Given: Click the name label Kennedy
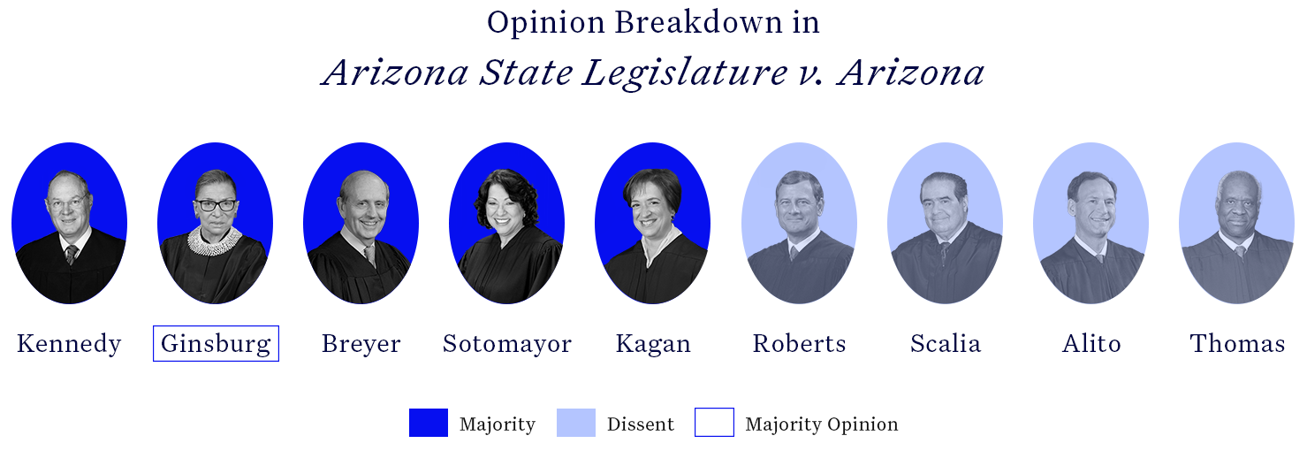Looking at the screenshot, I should tap(69, 343).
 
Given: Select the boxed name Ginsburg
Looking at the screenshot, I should tap(216, 343).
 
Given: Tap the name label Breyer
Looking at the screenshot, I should tap(361, 343).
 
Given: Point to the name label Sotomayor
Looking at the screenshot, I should tap(506, 343).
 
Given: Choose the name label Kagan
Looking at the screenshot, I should tap(653, 343).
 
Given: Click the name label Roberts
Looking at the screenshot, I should tap(799, 343).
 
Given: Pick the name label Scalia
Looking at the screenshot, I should tap(945, 343).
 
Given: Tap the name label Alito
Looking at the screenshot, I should tap(1091, 343).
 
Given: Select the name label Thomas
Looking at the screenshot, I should tap(1237, 343).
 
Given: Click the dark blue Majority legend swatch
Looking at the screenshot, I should tap(429, 423).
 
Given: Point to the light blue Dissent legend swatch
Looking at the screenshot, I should tap(575, 423).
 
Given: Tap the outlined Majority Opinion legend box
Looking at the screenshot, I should tap(714, 423).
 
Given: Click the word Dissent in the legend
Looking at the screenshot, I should tap(640, 424).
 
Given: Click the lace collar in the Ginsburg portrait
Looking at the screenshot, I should tap(215, 241).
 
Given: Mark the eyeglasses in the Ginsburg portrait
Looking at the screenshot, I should tap(216, 205).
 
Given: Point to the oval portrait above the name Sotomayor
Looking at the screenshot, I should tap(506, 223).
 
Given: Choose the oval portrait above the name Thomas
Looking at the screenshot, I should tap(1236, 223).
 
